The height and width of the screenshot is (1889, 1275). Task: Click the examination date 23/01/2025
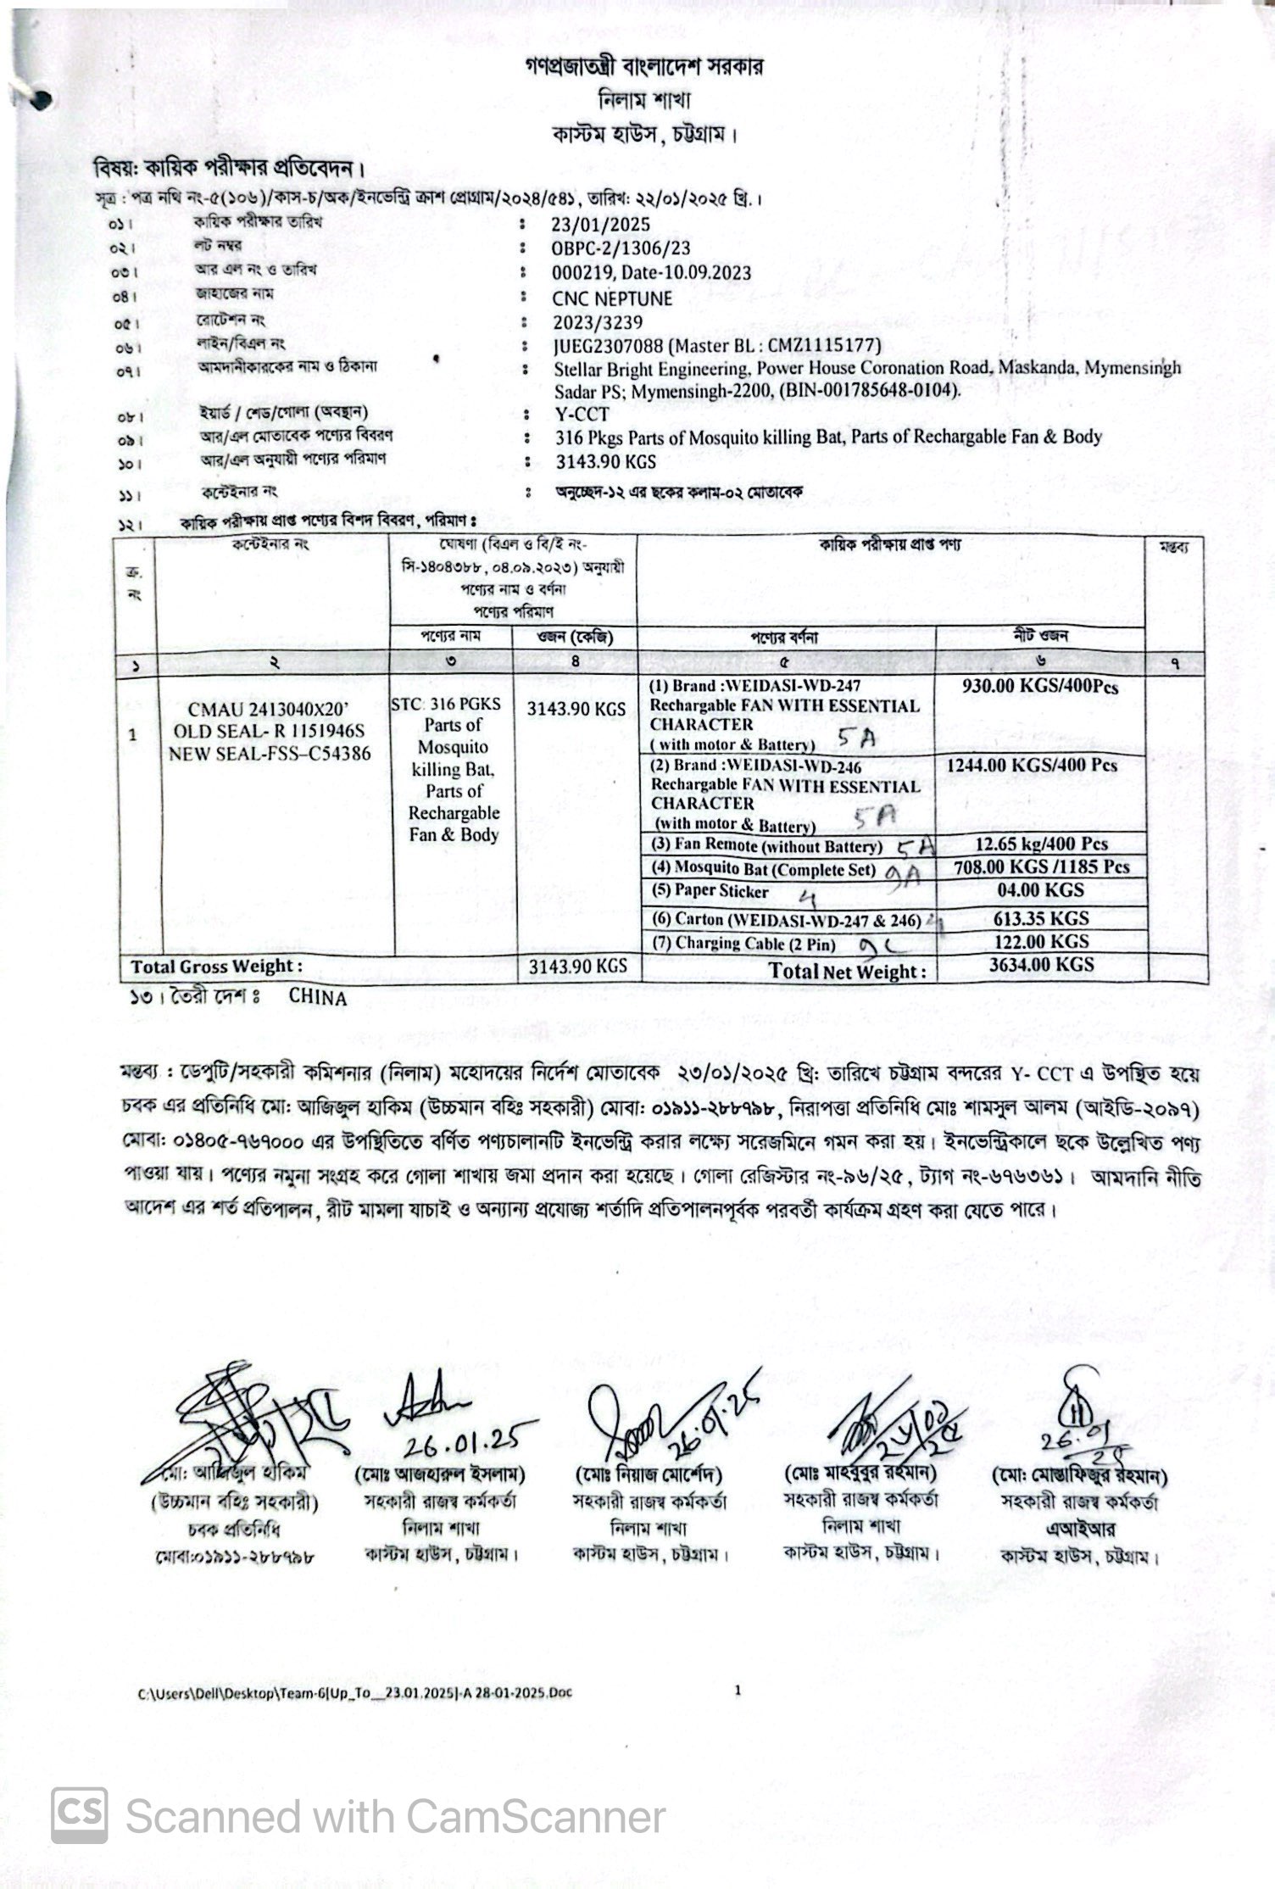[600, 225]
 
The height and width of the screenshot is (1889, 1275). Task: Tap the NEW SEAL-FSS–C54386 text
[270, 753]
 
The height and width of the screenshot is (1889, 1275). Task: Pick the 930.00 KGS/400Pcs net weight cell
[1039, 687]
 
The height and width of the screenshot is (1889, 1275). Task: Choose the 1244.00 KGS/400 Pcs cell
[1032, 765]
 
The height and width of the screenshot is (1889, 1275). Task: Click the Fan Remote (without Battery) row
[766, 846]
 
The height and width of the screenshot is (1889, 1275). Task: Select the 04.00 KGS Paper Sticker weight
[1040, 890]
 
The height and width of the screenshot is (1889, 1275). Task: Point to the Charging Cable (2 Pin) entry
[743, 944]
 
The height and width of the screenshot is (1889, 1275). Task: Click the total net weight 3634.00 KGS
[1041, 965]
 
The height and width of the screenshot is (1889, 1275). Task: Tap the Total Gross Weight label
[216, 967]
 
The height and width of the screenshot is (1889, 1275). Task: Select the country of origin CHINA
[318, 998]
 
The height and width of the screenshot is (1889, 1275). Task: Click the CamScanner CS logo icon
[80, 1815]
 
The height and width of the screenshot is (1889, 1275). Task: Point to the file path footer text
[355, 1693]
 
